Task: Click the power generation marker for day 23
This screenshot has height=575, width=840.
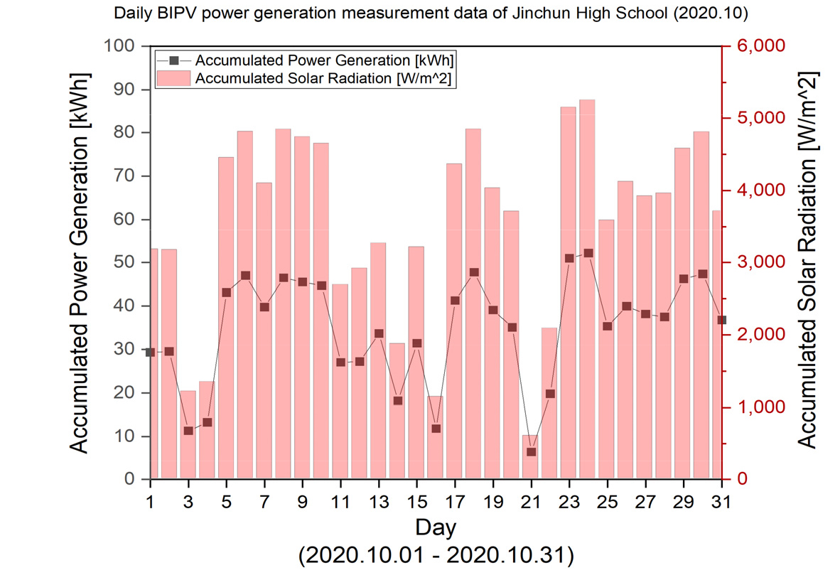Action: click(569, 258)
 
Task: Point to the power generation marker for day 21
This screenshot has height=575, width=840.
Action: click(530, 451)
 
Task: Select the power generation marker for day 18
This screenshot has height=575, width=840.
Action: click(473, 272)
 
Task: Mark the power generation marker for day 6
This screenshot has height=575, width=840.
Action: click(245, 275)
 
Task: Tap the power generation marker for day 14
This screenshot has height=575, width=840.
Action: click(397, 400)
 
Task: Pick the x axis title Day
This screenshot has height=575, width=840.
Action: click(436, 527)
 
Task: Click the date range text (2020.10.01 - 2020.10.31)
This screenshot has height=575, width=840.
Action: click(436, 555)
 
